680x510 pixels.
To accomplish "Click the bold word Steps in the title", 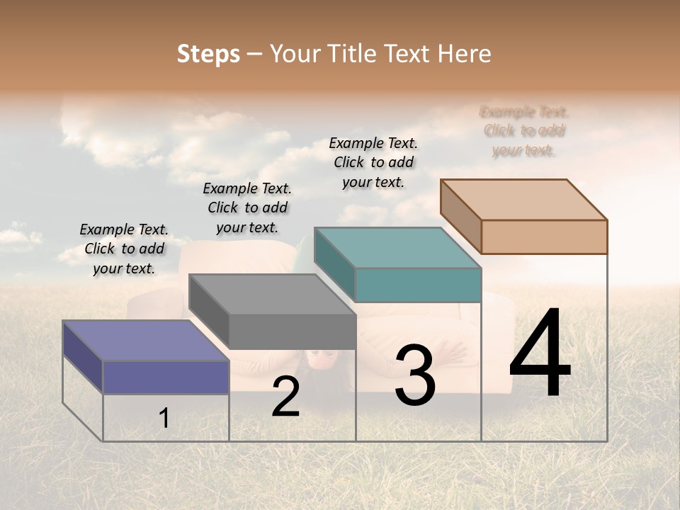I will [x=208, y=54].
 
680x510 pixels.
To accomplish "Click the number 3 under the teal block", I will [x=415, y=375].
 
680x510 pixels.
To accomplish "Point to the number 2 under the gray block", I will [x=285, y=397].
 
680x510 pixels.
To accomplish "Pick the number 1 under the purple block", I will [x=164, y=418].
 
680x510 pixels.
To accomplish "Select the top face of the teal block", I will [x=397, y=247].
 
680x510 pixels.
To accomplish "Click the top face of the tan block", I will [x=524, y=199].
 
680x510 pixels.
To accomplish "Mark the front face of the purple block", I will [x=166, y=377].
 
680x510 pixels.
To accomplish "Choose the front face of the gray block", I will [x=293, y=331].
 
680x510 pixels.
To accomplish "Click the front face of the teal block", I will [x=418, y=285].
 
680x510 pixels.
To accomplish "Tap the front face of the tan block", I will [x=544, y=237].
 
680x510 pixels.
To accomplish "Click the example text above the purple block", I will [x=124, y=249].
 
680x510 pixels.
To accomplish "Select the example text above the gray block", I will [x=247, y=208].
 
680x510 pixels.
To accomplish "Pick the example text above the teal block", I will [x=373, y=162].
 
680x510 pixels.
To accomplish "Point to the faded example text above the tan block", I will [x=524, y=131].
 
